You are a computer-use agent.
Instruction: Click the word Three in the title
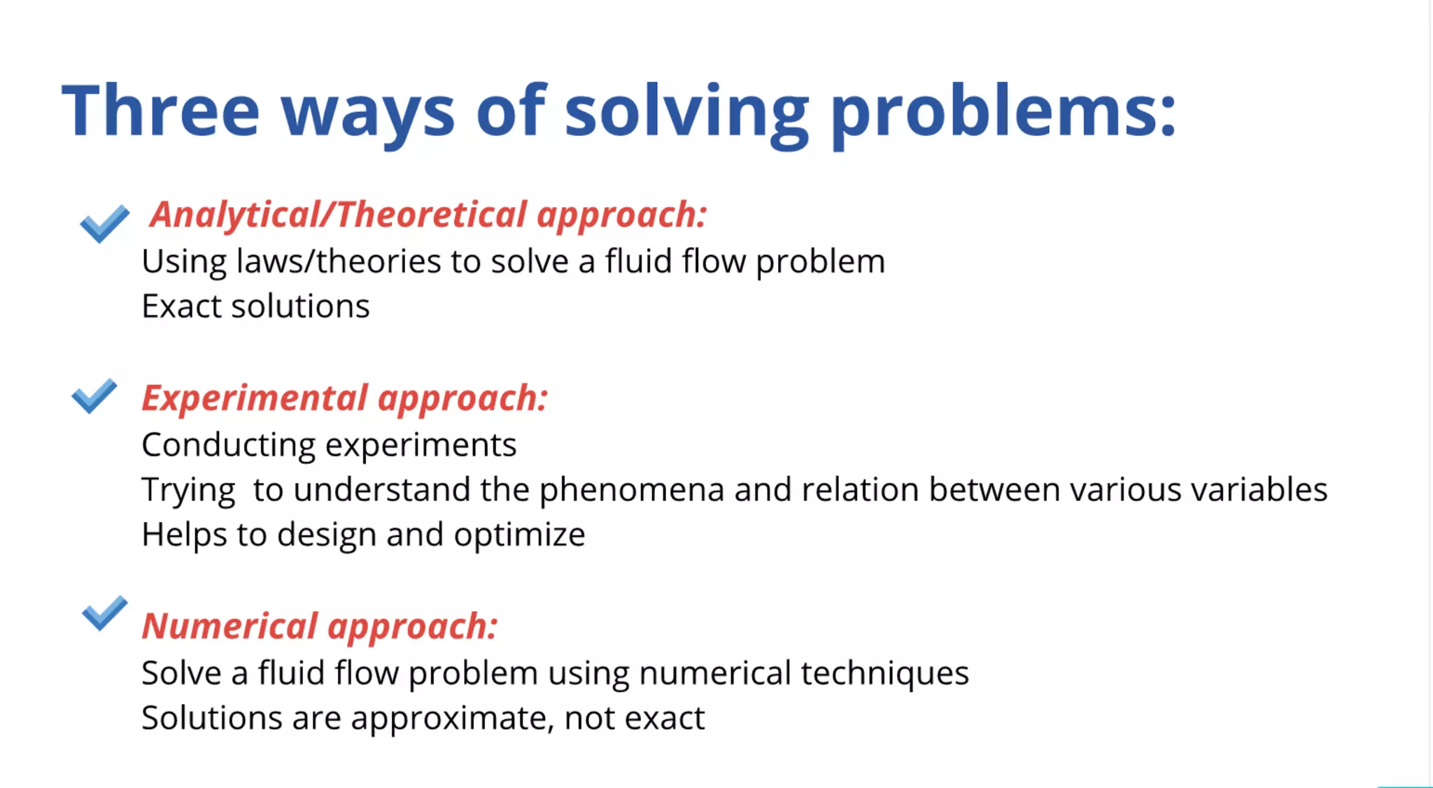click(161, 111)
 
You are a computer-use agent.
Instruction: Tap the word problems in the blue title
click(1004, 112)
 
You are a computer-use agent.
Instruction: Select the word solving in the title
click(686, 112)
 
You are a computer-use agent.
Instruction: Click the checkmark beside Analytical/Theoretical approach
click(105, 223)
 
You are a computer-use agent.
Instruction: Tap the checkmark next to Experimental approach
click(94, 396)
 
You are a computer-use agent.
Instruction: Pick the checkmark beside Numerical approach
click(105, 613)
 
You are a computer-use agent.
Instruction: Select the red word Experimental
click(255, 398)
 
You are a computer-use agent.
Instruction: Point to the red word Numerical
click(230, 626)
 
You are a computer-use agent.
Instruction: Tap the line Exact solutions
click(255, 307)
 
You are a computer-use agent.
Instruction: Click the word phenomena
click(631, 490)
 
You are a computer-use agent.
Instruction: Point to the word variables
click(1259, 490)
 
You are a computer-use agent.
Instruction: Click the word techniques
click(884, 673)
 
